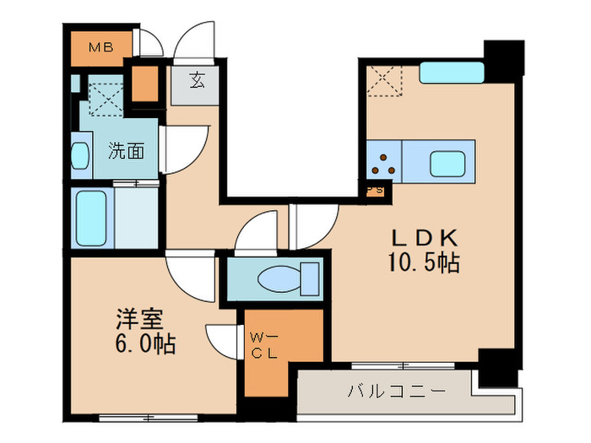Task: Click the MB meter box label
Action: [99, 46]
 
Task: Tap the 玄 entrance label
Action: [196, 82]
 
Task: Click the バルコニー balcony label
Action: [385, 392]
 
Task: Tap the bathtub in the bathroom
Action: [90, 218]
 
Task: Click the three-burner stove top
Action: [385, 161]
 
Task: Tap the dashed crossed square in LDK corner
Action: [384, 82]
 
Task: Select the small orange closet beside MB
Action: [144, 83]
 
